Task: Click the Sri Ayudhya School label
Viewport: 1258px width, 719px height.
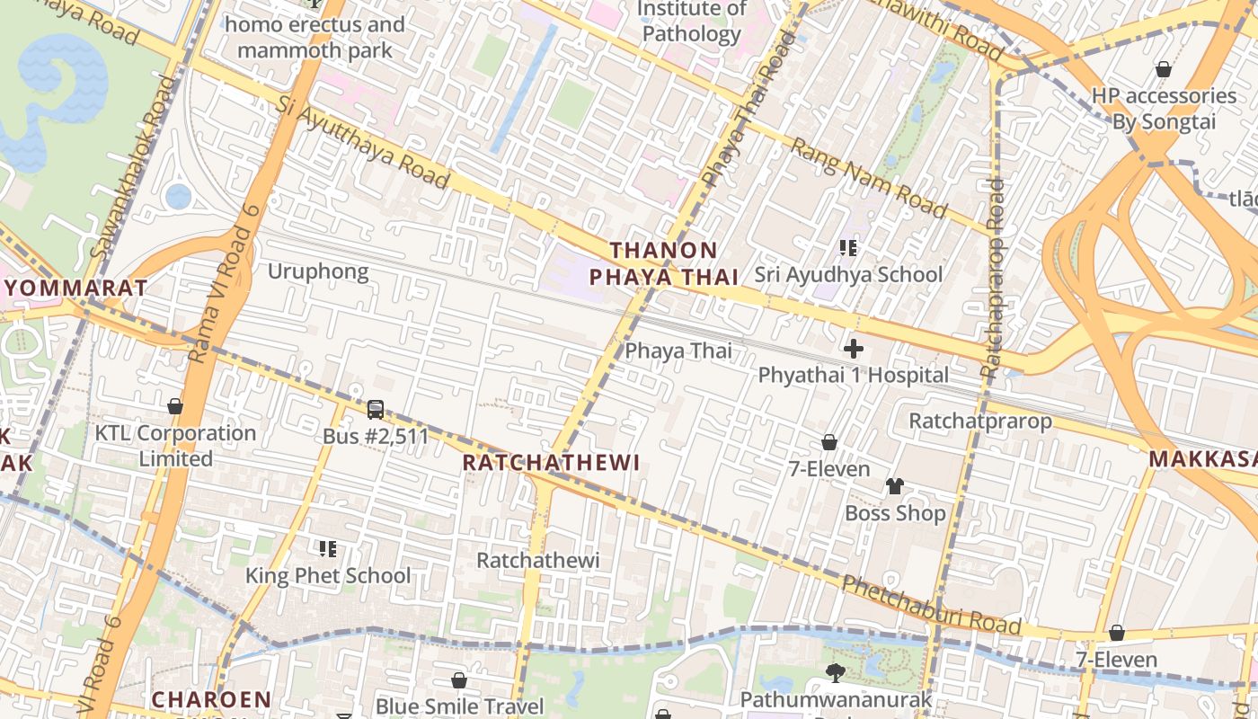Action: tap(848, 275)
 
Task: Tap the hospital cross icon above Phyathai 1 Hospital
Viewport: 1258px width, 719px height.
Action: tap(853, 348)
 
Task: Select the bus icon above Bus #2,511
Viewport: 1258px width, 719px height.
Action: tap(376, 410)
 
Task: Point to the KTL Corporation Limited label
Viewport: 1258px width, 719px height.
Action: tap(176, 446)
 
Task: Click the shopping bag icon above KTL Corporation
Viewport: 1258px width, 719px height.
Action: tap(175, 406)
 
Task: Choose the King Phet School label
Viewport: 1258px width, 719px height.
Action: tap(328, 575)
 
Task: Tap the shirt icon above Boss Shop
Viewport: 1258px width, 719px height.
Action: tap(894, 486)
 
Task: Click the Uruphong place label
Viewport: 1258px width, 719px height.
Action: tap(318, 271)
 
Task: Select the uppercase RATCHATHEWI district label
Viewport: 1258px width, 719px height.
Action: tap(551, 463)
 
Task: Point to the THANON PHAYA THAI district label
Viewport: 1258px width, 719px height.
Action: tap(663, 263)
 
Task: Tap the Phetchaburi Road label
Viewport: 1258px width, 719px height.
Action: tap(931, 605)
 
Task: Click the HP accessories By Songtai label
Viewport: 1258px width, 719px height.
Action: tap(1164, 109)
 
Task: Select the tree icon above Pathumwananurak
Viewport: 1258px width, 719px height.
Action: tap(836, 672)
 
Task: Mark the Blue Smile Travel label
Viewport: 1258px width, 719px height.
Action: tap(460, 706)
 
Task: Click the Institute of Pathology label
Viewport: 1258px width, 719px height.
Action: tap(691, 22)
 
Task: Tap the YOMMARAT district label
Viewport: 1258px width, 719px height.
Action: tap(75, 288)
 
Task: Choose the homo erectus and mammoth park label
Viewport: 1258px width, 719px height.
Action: tap(314, 37)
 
